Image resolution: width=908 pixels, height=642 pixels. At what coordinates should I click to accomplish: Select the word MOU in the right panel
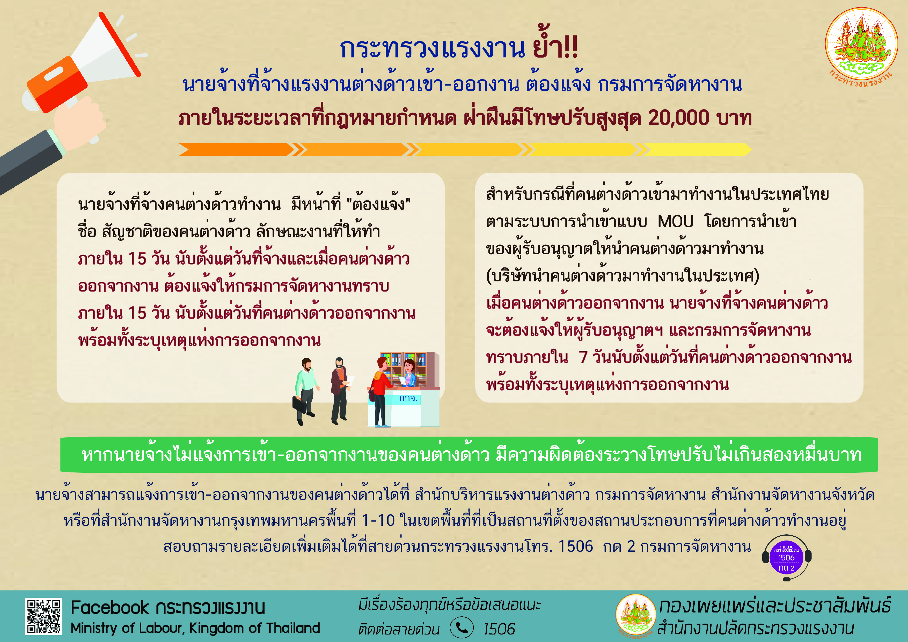(x=676, y=222)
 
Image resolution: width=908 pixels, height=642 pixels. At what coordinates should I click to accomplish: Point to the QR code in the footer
(x=43, y=616)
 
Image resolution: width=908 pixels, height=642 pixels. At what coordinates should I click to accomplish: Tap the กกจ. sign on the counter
(x=408, y=398)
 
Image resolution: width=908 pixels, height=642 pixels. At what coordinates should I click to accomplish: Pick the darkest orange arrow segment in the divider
(x=236, y=150)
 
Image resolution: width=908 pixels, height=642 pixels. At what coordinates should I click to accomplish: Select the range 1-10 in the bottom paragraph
(x=378, y=521)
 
